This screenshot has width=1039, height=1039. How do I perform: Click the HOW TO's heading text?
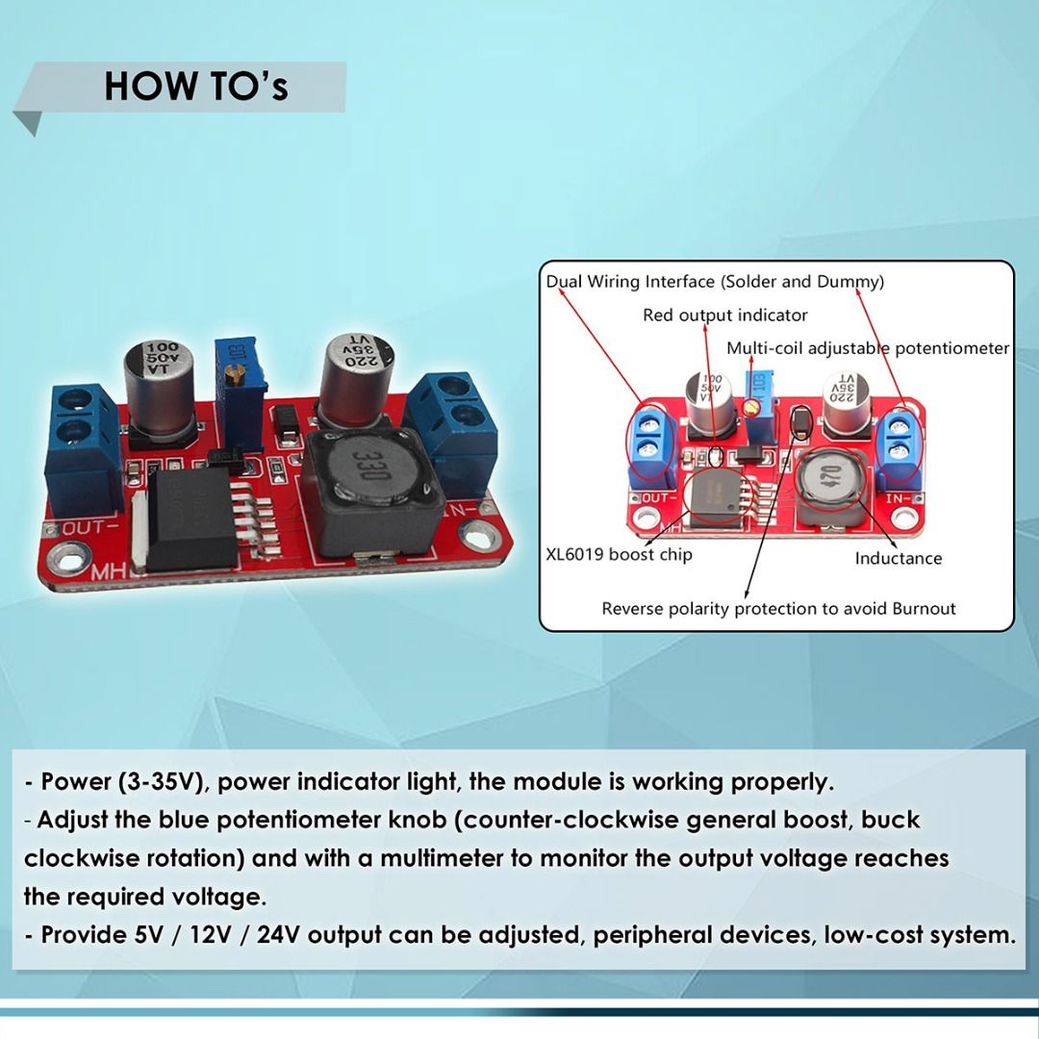196,87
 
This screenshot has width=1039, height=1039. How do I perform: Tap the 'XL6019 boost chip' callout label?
619,554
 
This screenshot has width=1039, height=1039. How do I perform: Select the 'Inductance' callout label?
898,558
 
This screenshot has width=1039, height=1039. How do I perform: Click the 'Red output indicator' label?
725,315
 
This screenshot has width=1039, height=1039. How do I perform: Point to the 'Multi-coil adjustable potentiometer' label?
868,348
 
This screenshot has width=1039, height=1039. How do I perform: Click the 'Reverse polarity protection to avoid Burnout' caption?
778,608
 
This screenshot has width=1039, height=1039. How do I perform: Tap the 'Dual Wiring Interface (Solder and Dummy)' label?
715,282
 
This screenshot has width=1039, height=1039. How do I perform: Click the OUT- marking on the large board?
91,527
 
